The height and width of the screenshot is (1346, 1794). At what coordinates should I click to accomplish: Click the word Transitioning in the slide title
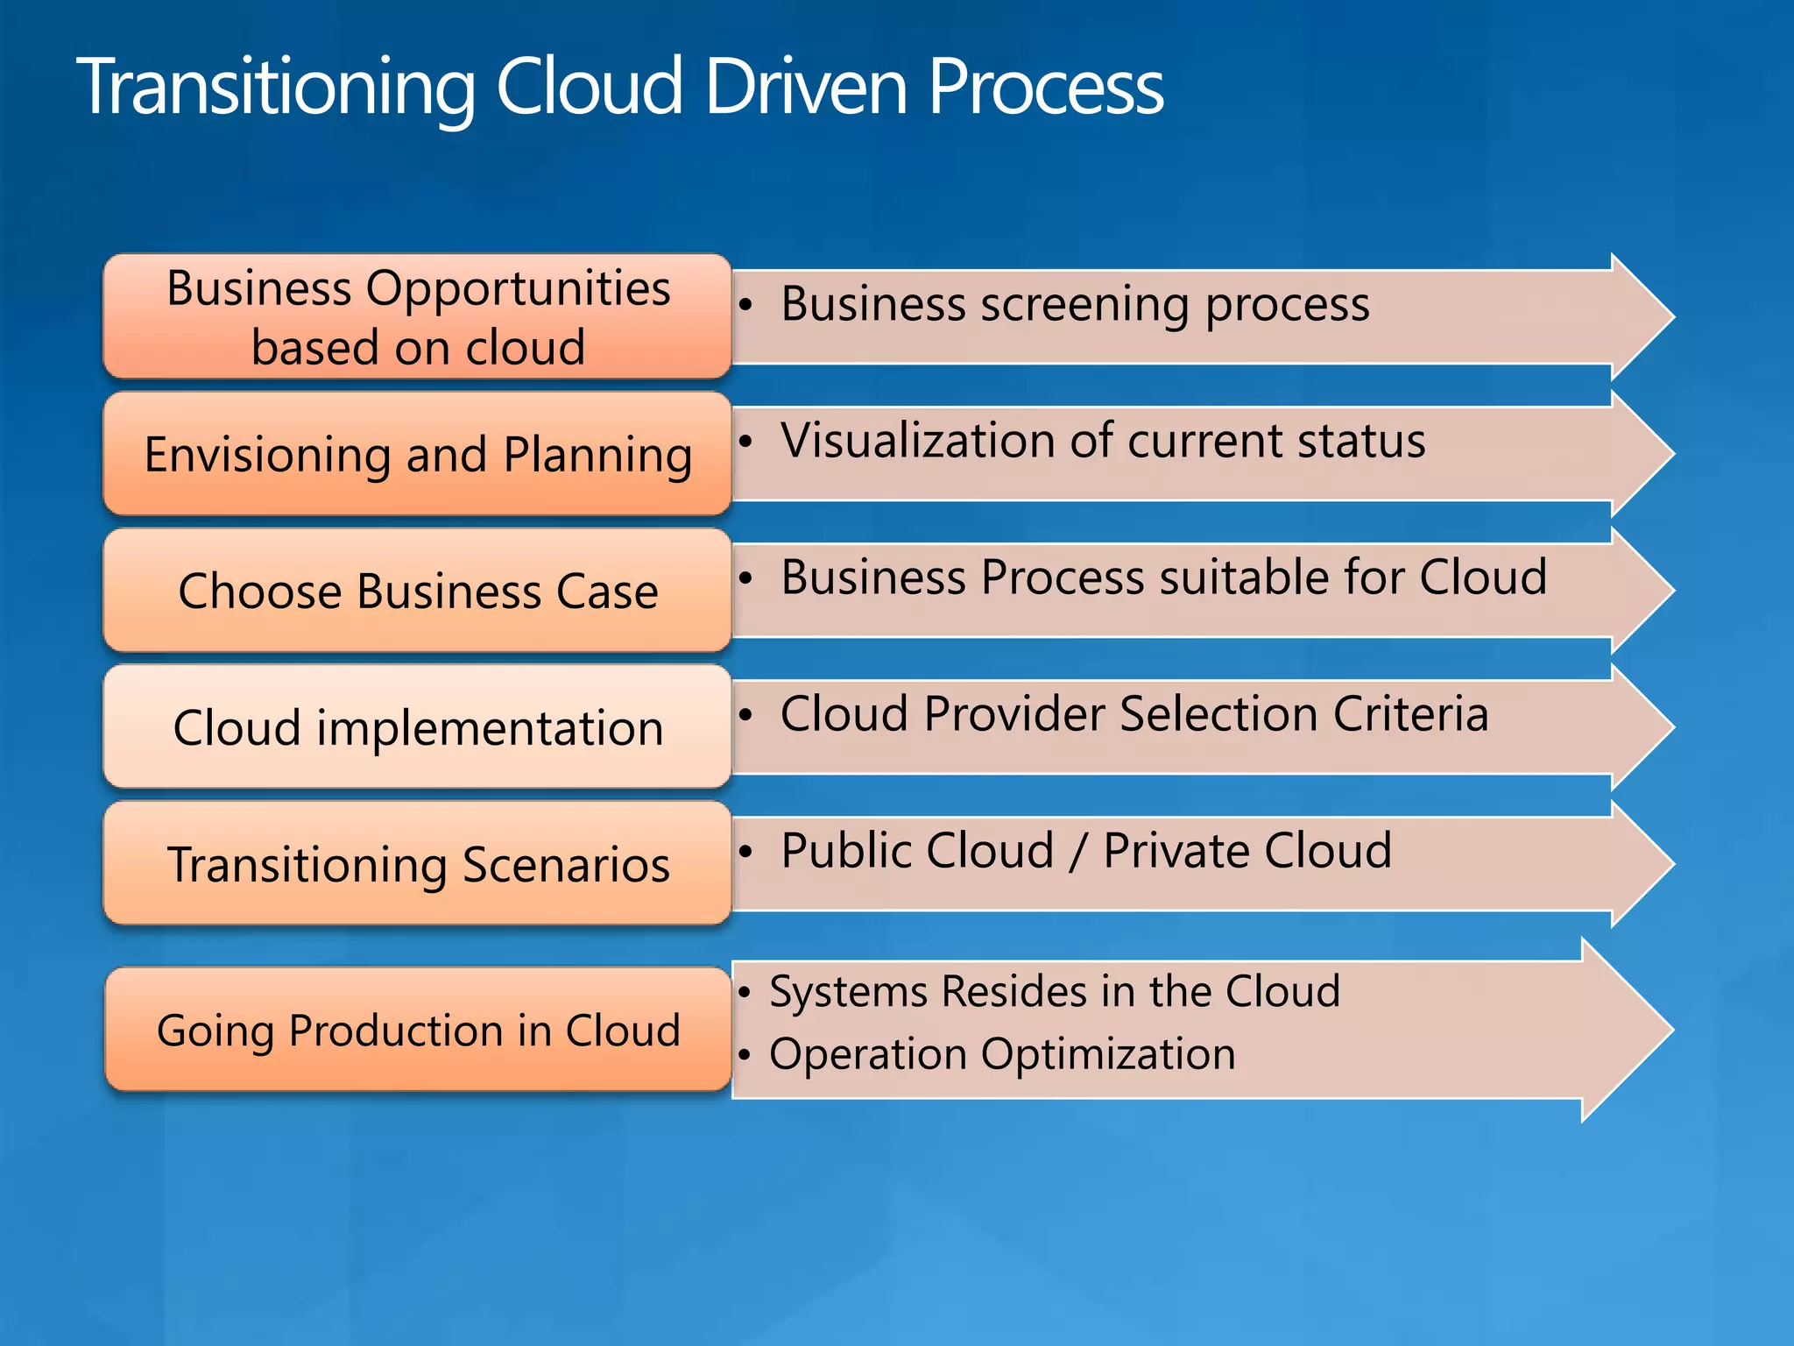click(276, 88)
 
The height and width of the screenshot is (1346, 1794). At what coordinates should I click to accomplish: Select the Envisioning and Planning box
click(418, 454)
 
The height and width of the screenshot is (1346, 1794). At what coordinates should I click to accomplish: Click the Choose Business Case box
click(418, 591)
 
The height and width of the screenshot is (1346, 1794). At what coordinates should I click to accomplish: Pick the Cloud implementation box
click(418, 727)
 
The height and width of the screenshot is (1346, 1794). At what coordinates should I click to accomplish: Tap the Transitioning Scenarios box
click(418, 864)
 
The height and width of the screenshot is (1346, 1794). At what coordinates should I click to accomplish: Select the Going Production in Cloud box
click(418, 1030)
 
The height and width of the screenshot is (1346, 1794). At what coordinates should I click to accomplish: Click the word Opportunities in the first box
click(518, 288)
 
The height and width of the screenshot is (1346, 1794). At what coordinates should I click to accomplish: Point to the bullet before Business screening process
click(745, 305)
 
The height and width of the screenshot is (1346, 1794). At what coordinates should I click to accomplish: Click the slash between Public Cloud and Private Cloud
click(1078, 852)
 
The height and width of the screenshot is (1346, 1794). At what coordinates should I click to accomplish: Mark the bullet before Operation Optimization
click(745, 1055)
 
